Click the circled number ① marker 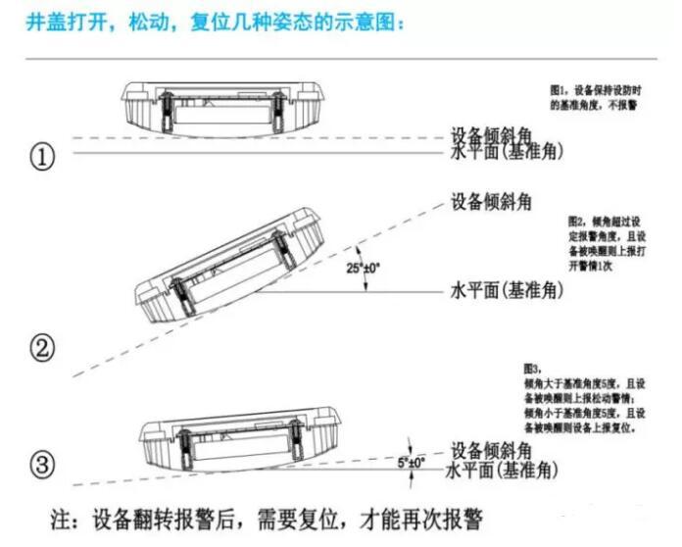(42, 158)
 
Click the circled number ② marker (43, 347)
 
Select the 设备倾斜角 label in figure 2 (491, 202)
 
